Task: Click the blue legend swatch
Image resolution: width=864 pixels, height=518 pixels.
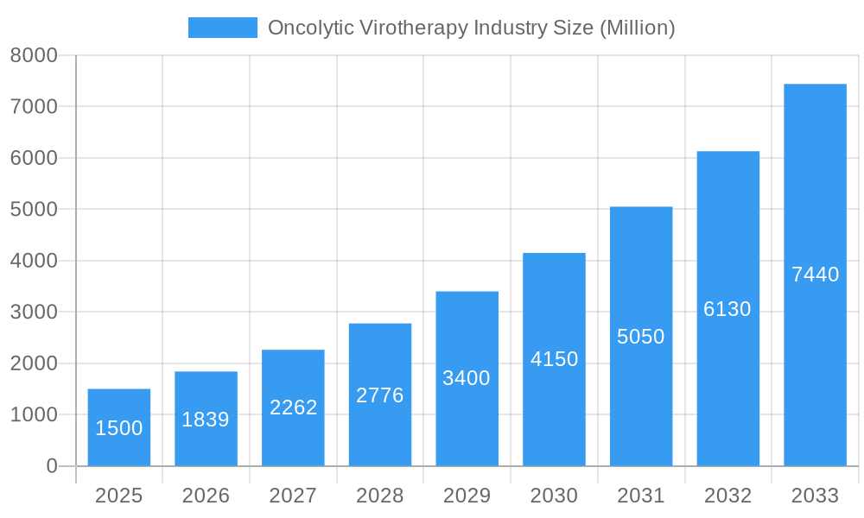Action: (x=222, y=28)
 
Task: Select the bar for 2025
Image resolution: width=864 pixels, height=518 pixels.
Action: (x=119, y=427)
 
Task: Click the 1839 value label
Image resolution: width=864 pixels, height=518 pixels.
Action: (x=206, y=420)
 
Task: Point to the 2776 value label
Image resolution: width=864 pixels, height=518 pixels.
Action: (x=380, y=395)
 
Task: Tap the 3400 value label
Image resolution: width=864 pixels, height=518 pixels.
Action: (x=467, y=378)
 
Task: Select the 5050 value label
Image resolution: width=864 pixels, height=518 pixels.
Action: (x=641, y=337)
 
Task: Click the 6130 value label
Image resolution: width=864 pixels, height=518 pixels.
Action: (x=727, y=309)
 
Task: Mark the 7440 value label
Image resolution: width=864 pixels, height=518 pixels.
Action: (x=815, y=275)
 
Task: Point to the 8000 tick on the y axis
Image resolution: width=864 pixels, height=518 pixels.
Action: (x=34, y=55)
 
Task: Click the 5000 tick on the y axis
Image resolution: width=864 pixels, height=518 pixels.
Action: (x=34, y=210)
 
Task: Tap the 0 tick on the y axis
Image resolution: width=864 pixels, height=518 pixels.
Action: (x=51, y=466)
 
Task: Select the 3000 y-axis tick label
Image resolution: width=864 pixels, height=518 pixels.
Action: (x=34, y=312)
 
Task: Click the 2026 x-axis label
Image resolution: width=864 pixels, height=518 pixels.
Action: (x=206, y=496)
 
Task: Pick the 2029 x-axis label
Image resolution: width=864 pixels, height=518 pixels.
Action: (x=467, y=496)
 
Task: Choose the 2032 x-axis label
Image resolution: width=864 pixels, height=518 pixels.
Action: (x=727, y=496)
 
